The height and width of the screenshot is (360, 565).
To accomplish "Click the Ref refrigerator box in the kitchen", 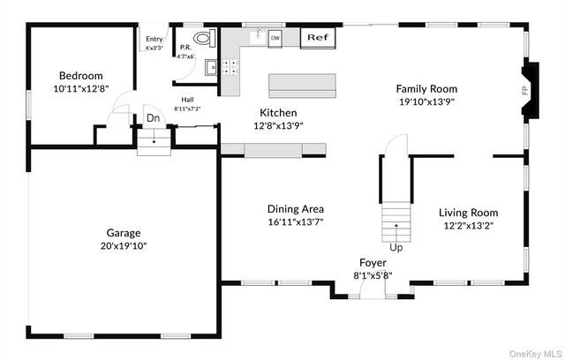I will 316,37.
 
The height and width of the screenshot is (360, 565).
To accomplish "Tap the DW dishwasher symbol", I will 275,38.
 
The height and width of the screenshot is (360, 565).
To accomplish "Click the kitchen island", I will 302,86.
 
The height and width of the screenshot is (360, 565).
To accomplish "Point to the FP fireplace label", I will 525,89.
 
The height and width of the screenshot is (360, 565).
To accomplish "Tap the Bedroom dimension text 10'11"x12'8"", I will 80,89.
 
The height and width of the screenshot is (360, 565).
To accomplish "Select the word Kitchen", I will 277,113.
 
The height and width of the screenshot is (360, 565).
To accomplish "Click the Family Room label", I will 426,88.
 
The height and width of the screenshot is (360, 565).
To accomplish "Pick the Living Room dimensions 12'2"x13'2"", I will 469,225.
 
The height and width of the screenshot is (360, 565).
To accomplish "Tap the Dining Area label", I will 296,208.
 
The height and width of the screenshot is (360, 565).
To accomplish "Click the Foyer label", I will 372,262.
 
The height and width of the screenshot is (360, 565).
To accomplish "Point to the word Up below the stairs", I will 396,248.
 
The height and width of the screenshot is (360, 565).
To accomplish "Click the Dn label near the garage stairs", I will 153,117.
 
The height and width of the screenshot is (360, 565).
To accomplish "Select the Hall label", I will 187,100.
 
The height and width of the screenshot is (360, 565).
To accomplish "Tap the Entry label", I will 154,39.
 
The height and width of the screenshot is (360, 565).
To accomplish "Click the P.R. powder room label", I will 185,48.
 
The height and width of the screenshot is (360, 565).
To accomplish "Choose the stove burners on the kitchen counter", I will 231,65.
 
